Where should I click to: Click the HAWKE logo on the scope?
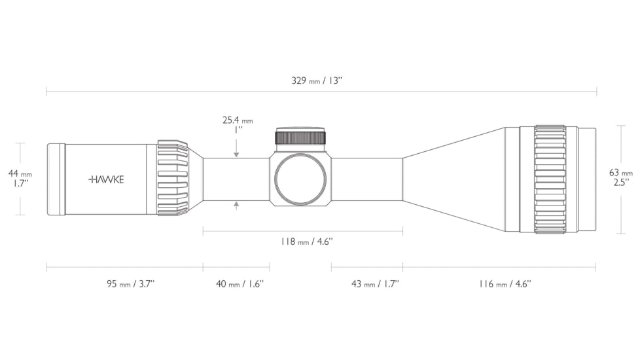tap(106, 179)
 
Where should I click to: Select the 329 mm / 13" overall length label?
tap(317, 81)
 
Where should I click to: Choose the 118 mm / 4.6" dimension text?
tap(306, 242)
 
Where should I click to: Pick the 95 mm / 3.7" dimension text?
tap(131, 283)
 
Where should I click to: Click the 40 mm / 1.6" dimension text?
tap(240, 283)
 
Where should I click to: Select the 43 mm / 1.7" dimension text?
tap(375, 283)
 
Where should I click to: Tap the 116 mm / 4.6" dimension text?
tap(505, 283)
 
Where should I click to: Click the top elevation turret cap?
tap(301, 136)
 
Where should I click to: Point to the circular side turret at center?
tap(300, 179)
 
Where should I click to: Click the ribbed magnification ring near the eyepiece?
tap(173, 178)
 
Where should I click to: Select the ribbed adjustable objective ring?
tap(550, 179)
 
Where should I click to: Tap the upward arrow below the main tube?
tap(236, 206)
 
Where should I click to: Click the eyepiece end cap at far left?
tap(56, 179)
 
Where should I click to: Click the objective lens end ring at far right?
tap(587, 179)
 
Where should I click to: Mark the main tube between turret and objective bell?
tap(367, 179)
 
